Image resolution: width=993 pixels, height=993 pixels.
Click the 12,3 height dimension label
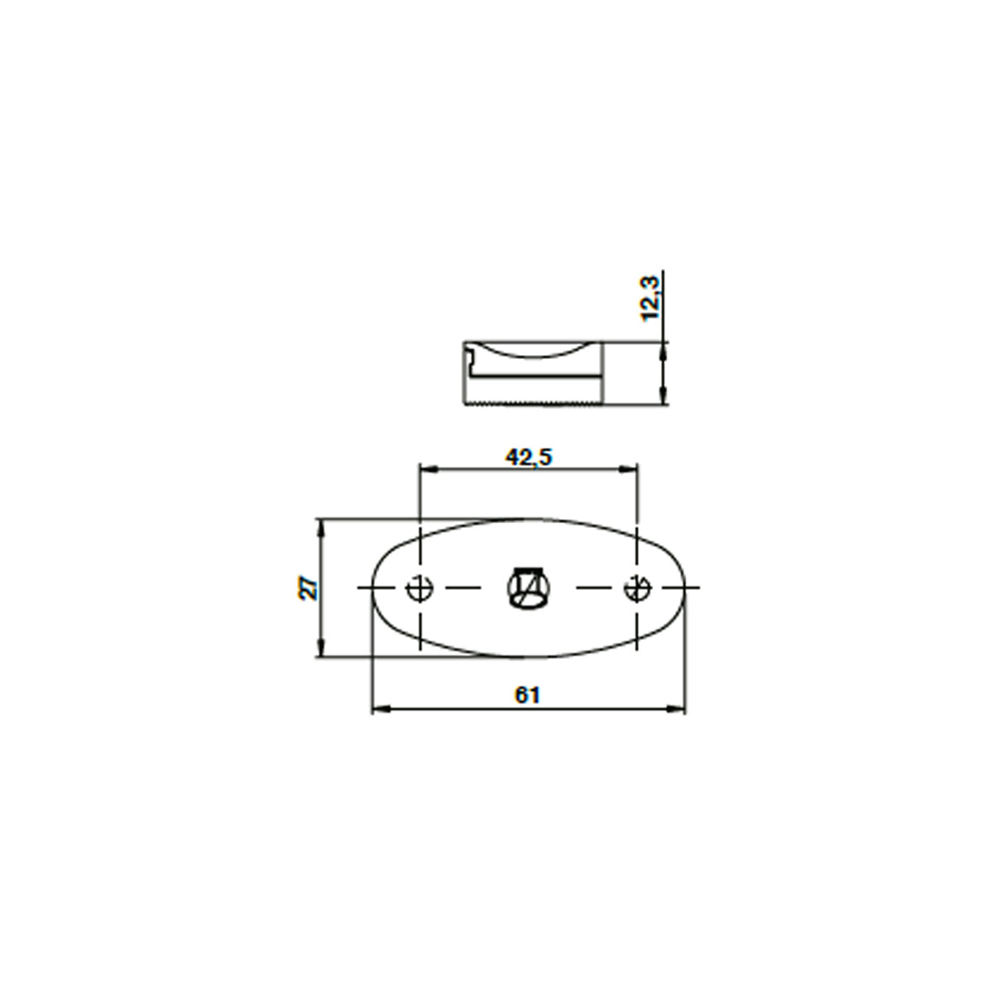pos(650,299)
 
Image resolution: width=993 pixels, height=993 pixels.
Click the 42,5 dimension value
pos(528,457)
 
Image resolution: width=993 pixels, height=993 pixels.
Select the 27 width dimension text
pos(309,588)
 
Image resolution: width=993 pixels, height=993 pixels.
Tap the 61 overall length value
pos(527,696)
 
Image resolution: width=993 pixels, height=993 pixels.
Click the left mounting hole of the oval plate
pos(420,588)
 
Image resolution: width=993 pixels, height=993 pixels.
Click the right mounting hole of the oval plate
pos(638,588)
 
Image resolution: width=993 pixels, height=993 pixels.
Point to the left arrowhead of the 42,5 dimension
pos(428,468)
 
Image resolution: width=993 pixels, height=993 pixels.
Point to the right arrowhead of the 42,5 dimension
pos(629,468)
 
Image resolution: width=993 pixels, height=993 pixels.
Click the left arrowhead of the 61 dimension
pos(381,709)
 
